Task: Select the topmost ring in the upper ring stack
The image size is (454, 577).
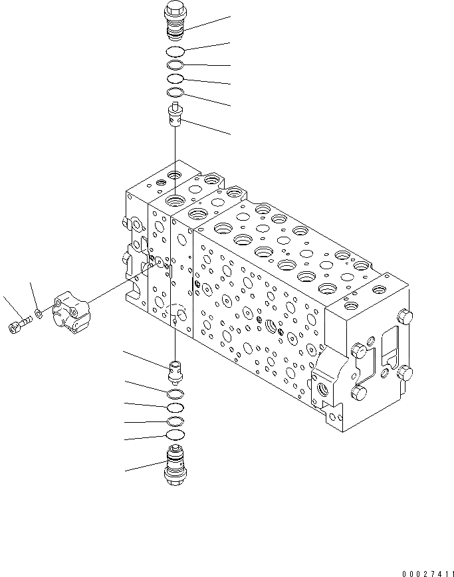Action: (175, 53)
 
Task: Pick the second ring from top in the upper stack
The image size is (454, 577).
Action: (175, 66)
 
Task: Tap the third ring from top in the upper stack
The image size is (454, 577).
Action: (175, 79)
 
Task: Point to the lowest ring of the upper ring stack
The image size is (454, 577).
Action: (175, 92)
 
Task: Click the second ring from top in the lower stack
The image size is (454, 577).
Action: (175, 407)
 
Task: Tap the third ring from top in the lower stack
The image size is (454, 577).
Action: (175, 421)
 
